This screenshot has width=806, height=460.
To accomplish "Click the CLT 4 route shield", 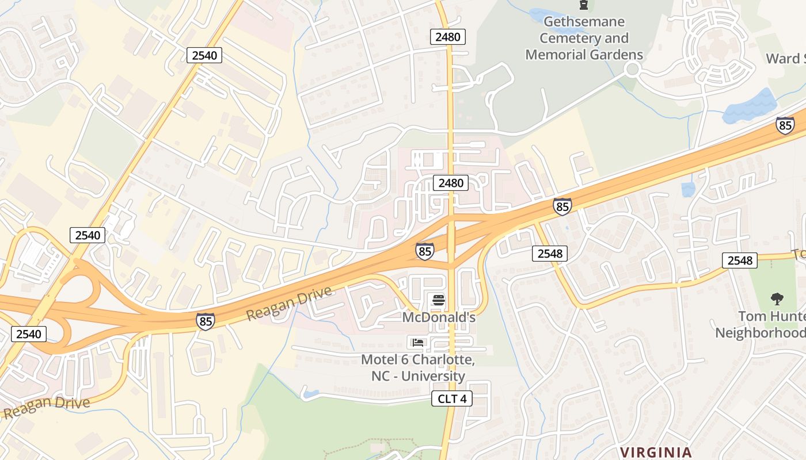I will tap(452, 398).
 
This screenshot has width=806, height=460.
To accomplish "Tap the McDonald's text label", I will tap(439, 317).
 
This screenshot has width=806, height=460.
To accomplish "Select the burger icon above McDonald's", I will tap(439, 300).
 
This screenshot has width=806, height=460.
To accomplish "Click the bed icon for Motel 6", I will tap(418, 343).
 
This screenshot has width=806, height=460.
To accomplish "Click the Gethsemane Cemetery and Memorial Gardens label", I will tap(584, 39).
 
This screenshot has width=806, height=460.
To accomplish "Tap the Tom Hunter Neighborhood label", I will tap(760, 324).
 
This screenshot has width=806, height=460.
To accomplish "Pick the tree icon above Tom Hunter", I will tap(777, 299).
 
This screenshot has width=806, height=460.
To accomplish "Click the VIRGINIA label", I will tap(656, 452).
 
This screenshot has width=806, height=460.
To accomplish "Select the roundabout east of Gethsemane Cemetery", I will tap(633, 70).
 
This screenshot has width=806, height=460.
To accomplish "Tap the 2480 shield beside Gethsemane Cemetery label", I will tap(448, 37).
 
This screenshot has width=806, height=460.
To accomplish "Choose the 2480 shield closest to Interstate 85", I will tap(451, 183).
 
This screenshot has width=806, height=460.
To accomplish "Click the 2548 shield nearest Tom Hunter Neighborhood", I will tap(740, 260).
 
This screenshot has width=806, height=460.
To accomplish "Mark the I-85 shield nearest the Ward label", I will tap(785, 125).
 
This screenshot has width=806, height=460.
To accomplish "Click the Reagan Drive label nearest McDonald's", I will tap(290, 304).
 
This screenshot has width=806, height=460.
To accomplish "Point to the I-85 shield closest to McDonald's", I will tap(424, 251).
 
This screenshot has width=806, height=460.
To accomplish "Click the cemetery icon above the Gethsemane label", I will tap(584, 5).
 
